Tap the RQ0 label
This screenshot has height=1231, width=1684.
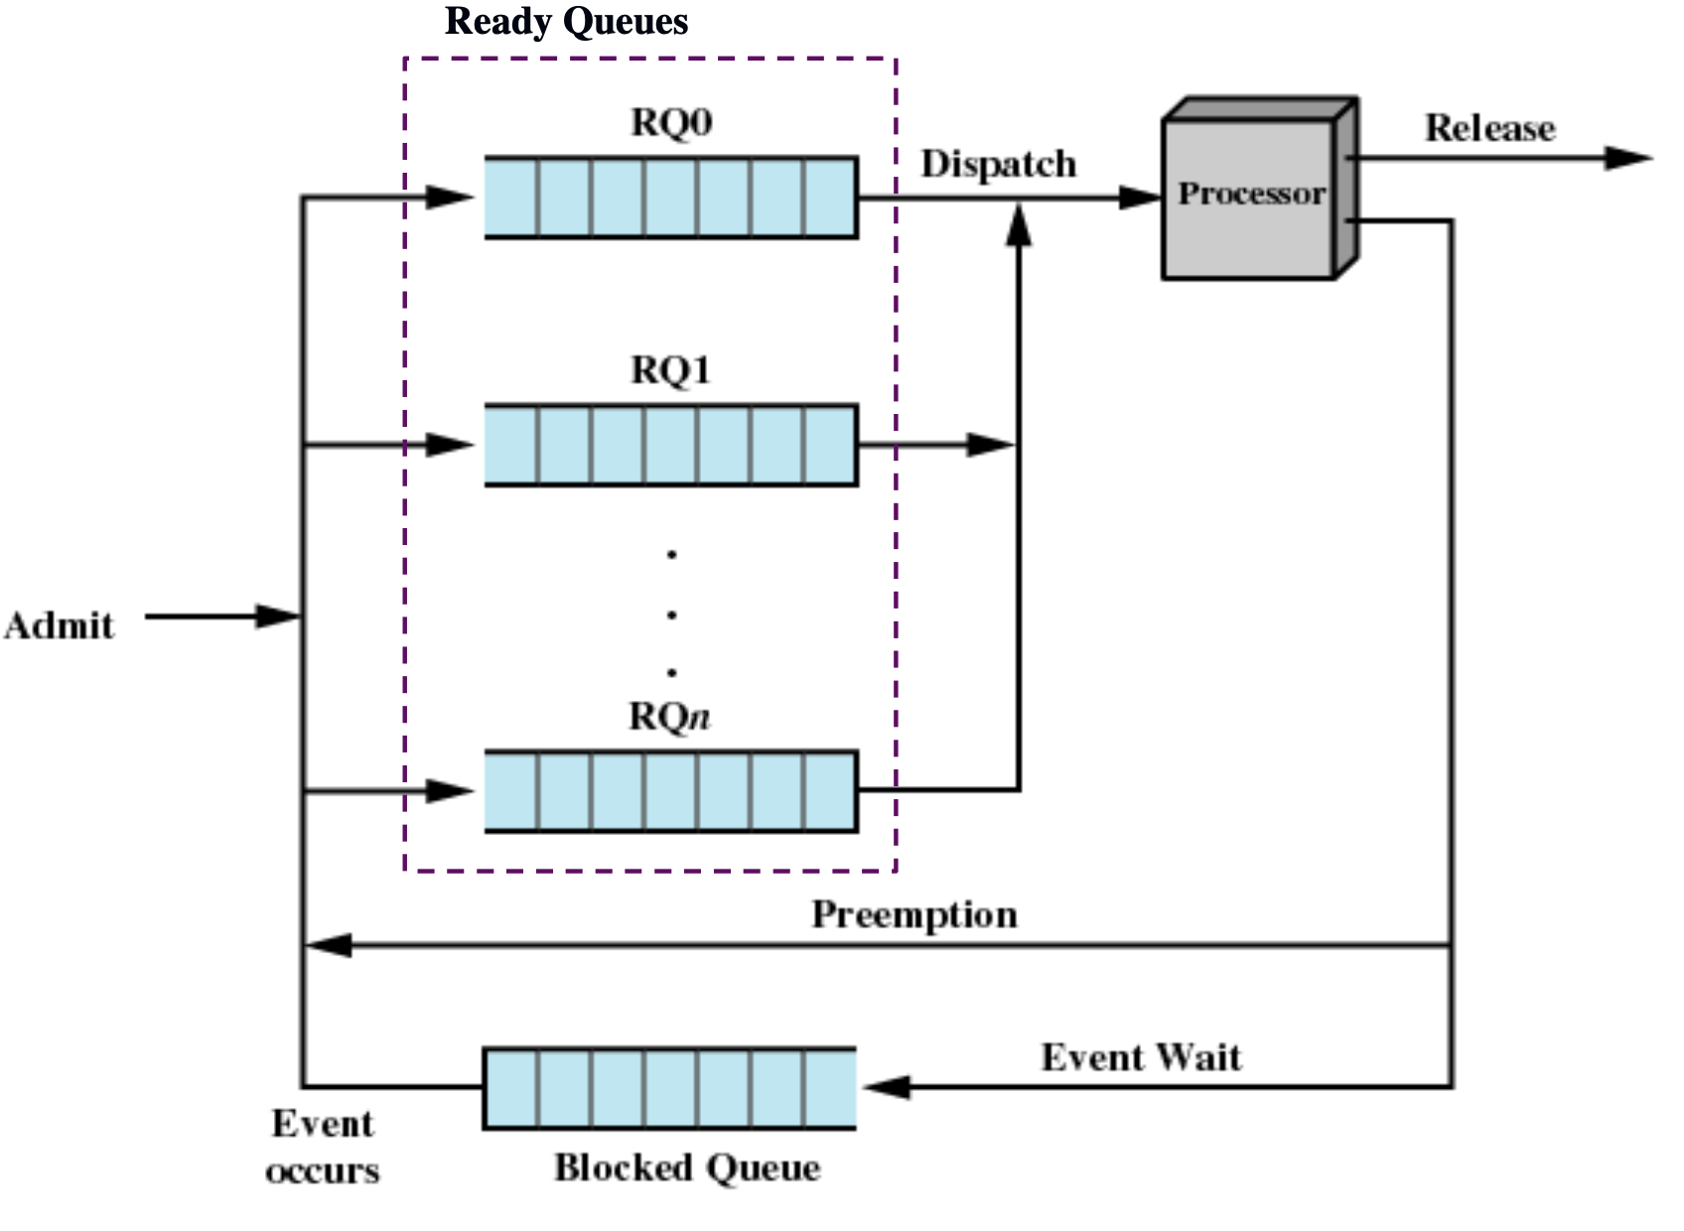point(671,123)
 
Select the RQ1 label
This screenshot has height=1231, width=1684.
point(670,370)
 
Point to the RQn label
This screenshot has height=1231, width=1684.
point(669,717)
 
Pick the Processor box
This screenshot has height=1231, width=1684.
point(1260,189)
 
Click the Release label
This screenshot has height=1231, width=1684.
point(1490,128)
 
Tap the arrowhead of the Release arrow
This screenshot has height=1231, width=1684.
point(1628,158)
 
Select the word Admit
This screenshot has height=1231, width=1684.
point(60,626)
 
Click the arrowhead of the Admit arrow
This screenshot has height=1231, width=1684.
point(277,616)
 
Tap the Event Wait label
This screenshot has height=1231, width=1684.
point(1141,1058)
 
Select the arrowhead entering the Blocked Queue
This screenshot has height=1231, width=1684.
point(887,1087)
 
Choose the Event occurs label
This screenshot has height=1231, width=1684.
point(323,1147)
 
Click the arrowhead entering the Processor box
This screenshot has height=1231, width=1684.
point(1140,198)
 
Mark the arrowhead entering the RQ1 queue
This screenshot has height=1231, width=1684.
point(450,445)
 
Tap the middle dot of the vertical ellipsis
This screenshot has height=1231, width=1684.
point(671,615)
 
